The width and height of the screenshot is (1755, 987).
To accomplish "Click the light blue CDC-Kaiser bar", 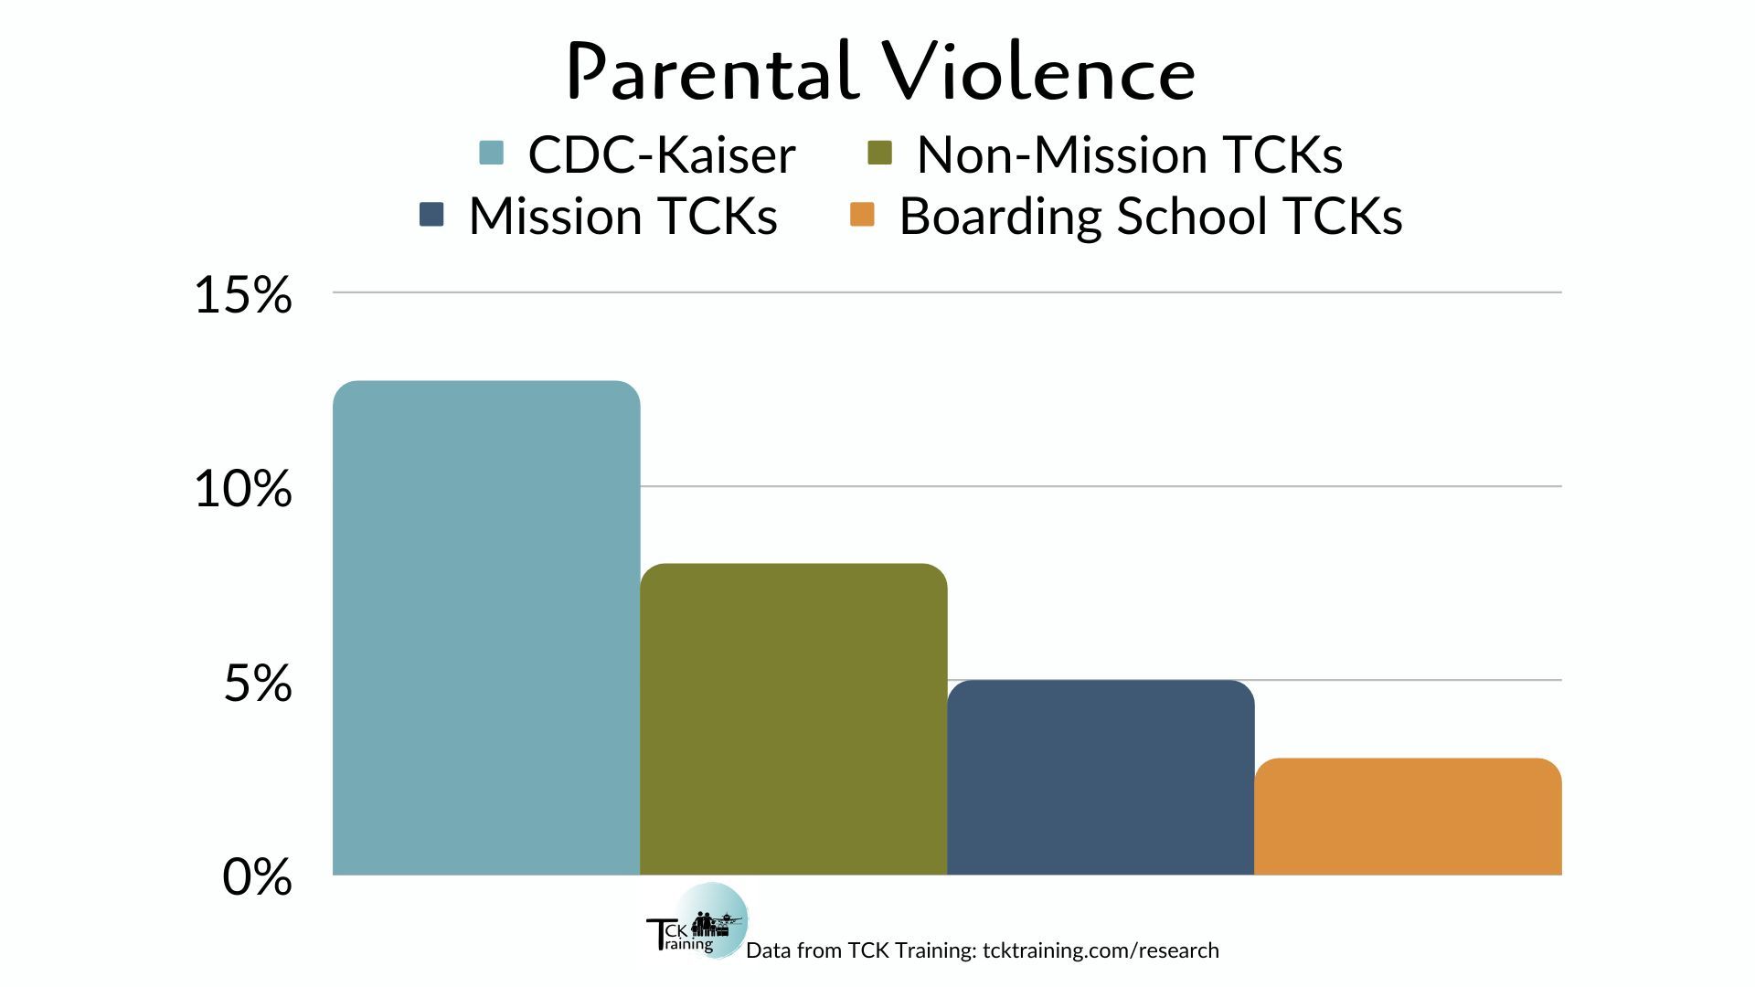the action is pos(486,628).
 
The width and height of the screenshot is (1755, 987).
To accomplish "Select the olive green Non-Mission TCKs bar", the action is pos(793,719).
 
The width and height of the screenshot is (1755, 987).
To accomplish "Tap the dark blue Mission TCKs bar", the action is pos(1101,778).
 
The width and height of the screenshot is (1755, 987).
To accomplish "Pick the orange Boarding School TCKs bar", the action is pos(1408,816).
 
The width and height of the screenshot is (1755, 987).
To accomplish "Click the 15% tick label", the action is pos(243,295).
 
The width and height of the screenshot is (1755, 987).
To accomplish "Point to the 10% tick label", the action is pos(243,489).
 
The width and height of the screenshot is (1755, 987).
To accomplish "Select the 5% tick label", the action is pos(258,684).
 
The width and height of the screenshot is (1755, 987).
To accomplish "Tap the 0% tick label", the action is pos(258,877).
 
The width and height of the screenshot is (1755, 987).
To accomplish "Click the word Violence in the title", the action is pos(1038,71).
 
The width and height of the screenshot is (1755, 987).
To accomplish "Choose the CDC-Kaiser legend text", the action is pos(662,154).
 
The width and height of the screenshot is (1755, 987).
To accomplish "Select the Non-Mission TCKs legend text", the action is pos(1130,154).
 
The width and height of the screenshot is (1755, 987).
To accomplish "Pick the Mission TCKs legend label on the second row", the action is pos(623,217).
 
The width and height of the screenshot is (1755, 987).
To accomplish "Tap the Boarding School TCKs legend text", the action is pos(1151,217).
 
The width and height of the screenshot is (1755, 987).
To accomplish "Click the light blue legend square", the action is pos(492,153).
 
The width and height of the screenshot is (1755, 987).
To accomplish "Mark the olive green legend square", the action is pos(879,153).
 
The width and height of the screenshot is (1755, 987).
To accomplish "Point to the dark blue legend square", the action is pos(431,214).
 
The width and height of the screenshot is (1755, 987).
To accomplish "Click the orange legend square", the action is pos(862,214).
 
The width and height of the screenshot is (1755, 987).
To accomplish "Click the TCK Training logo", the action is pos(697,921).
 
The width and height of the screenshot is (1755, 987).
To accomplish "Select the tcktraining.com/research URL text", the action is pos(1101,950).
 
